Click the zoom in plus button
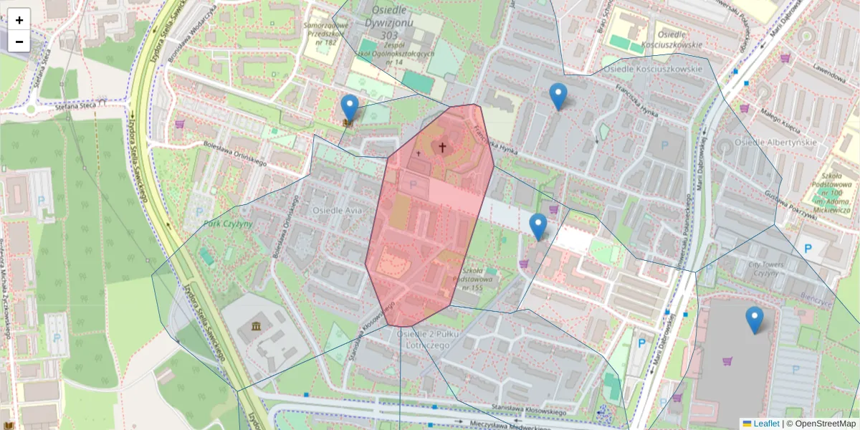tap(19, 20)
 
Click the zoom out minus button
tap(19, 42)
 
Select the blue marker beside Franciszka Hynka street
tap(558, 96)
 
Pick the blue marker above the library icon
tap(350, 107)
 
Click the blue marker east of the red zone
tap(538, 226)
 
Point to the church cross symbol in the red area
tap(442, 148)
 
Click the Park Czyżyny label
tap(228, 224)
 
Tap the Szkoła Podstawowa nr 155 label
tap(472, 279)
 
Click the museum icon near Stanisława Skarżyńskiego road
tap(256, 328)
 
